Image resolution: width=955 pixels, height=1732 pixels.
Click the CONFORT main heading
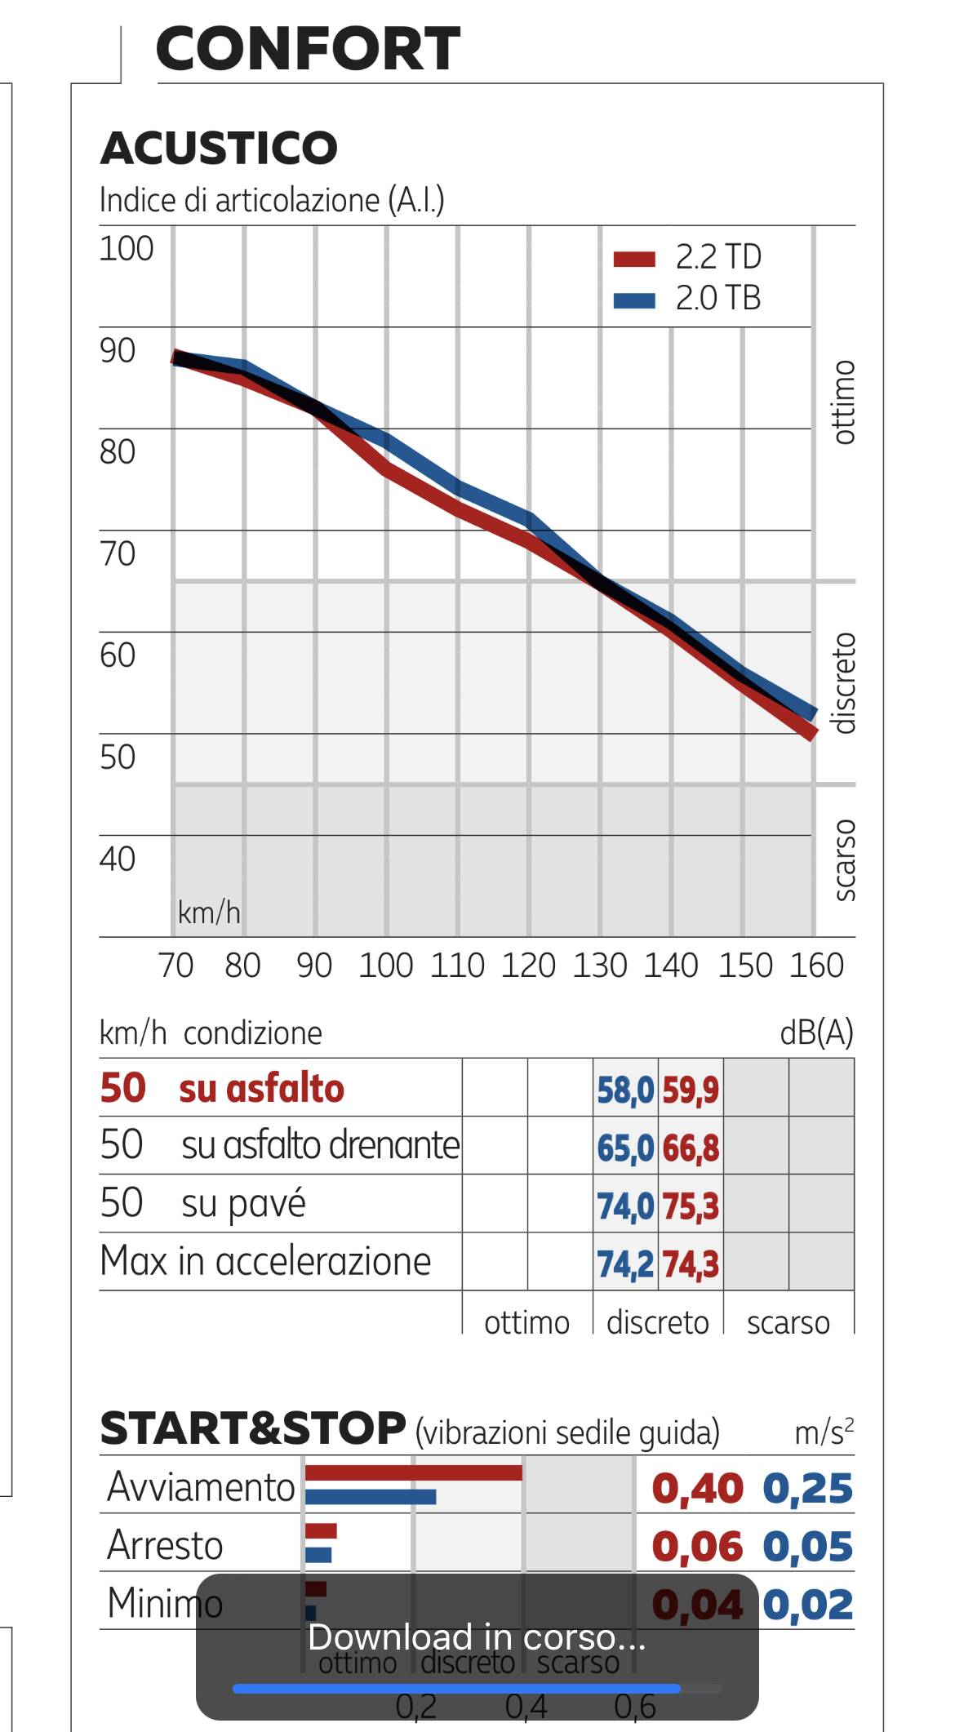coord(308,49)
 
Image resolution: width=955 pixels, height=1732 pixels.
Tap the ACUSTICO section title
coord(219,148)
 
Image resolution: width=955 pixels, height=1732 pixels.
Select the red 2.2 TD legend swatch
coord(634,259)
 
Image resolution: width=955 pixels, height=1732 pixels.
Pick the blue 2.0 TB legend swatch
coord(634,300)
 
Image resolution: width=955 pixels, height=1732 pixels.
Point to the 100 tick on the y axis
coord(127,249)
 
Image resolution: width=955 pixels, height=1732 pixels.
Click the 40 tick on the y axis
coord(118,859)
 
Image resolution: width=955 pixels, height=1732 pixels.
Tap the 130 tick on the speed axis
coord(600,966)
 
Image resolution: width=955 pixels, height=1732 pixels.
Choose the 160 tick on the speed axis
coord(815,966)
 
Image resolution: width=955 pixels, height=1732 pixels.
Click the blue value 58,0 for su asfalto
coord(625,1090)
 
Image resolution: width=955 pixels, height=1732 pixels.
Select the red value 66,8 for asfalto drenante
coord(691,1148)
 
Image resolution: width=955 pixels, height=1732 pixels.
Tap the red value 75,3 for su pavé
coord(691,1206)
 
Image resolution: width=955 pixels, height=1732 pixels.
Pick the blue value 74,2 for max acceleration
coord(625,1264)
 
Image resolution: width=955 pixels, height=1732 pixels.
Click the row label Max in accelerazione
coord(265,1261)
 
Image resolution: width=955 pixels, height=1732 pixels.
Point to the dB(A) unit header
coord(816,1033)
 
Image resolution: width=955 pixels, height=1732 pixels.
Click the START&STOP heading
coord(253,1428)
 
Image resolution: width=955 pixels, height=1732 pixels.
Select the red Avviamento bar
coord(413,1472)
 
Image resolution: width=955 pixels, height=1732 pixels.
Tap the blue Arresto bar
coord(318,1555)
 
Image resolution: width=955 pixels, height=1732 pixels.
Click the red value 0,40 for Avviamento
coord(697,1489)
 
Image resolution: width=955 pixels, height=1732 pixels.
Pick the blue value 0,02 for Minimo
coord(808,1605)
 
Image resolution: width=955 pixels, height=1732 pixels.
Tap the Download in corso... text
coord(477,1637)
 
